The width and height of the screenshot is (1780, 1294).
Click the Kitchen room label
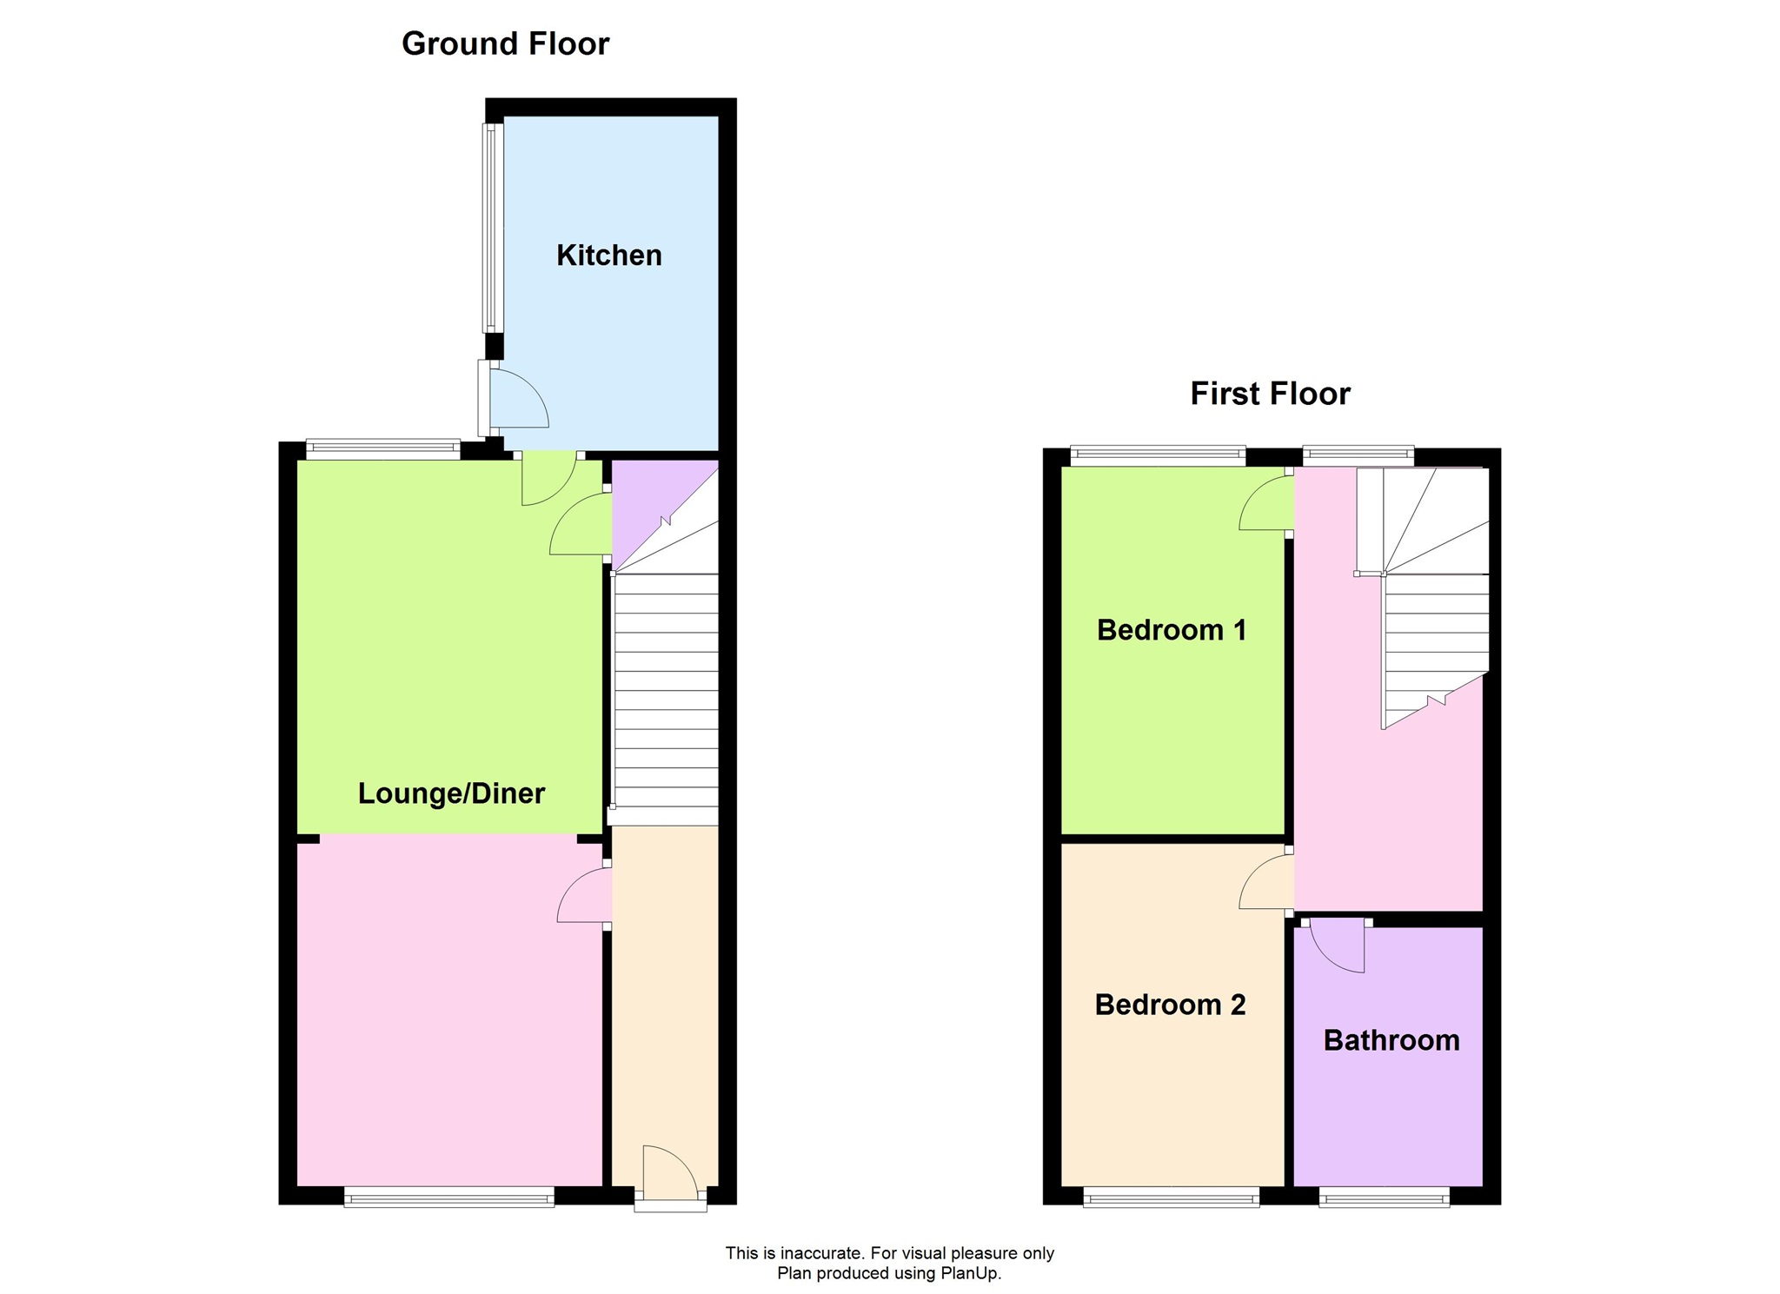pyautogui.click(x=608, y=255)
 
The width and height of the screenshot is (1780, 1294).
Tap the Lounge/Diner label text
pyautogui.click(x=451, y=793)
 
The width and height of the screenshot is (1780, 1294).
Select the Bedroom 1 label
pyautogui.click(x=1171, y=630)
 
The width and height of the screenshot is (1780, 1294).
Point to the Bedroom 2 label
pyautogui.click(x=1170, y=1005)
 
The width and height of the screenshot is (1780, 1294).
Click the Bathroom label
pyautogui.click(x=1391, y=1040)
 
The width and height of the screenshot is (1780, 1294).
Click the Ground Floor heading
pyautogui.click(x=505, y=43)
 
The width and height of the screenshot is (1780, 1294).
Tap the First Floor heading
pyautogui.click(x=1270, y=394)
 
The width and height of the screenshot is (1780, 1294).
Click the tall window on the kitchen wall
pyautogui.click(x=493, y=228)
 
